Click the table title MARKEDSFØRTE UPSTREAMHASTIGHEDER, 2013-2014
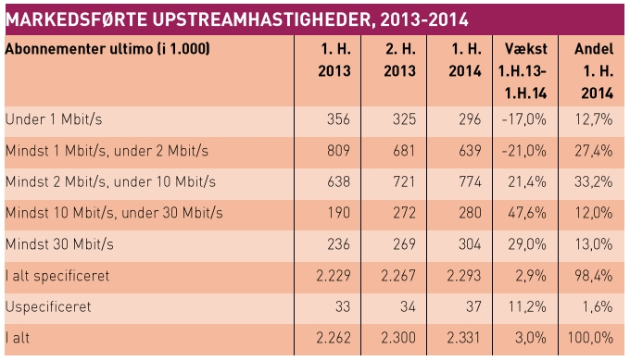(236, 19)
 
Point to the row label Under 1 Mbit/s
(54, 119)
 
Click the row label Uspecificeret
(48, 306)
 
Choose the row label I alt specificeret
(57, 276)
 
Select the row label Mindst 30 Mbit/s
(59, 244)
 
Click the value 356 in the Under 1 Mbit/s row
(338, 119)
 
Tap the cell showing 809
(338, 151)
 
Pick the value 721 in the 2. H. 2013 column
(403, 181)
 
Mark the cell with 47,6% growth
(527, 213)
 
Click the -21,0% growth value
(524, 151)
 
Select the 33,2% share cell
(594, 181)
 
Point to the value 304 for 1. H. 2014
(470, 244)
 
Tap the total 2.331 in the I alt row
(463, 338)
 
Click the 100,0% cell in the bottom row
(590, 338)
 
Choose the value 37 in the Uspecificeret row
(473, 306)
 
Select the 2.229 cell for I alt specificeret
(334, 276)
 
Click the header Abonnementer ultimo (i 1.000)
(107, 49)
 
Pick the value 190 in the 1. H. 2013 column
(339, 213)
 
